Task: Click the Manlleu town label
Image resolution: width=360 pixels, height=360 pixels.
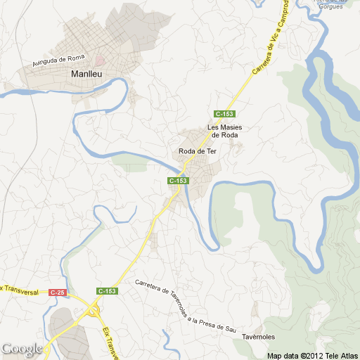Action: pyautogui.click(x=87, y=73)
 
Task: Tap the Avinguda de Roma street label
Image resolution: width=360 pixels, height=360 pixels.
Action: pyautogui.click(x=58, y=62)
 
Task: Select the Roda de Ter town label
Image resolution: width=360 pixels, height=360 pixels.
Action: pyautogui.click(x=196, y=151)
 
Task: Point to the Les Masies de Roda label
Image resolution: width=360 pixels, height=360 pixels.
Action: pyautogui.click(x=224, y=131)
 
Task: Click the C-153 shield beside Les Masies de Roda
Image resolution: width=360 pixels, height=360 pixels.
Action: pyautogui.click(x=224, y=114)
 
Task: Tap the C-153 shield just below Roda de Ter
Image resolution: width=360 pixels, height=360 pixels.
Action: pyautogui.click(x=178, y=181)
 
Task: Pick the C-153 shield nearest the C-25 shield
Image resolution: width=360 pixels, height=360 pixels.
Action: pyautogui.click(x=107, y=291)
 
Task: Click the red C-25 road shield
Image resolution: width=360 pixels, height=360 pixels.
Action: pyautogui.click(x=57, y=292)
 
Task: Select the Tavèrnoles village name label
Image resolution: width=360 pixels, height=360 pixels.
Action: pyautogui.click(x=258, y=337)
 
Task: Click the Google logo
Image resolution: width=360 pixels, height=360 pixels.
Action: pyautogui.click(x=22, y=349)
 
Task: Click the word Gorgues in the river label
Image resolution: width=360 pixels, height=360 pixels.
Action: pyautogui.click(x=334, y=8)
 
